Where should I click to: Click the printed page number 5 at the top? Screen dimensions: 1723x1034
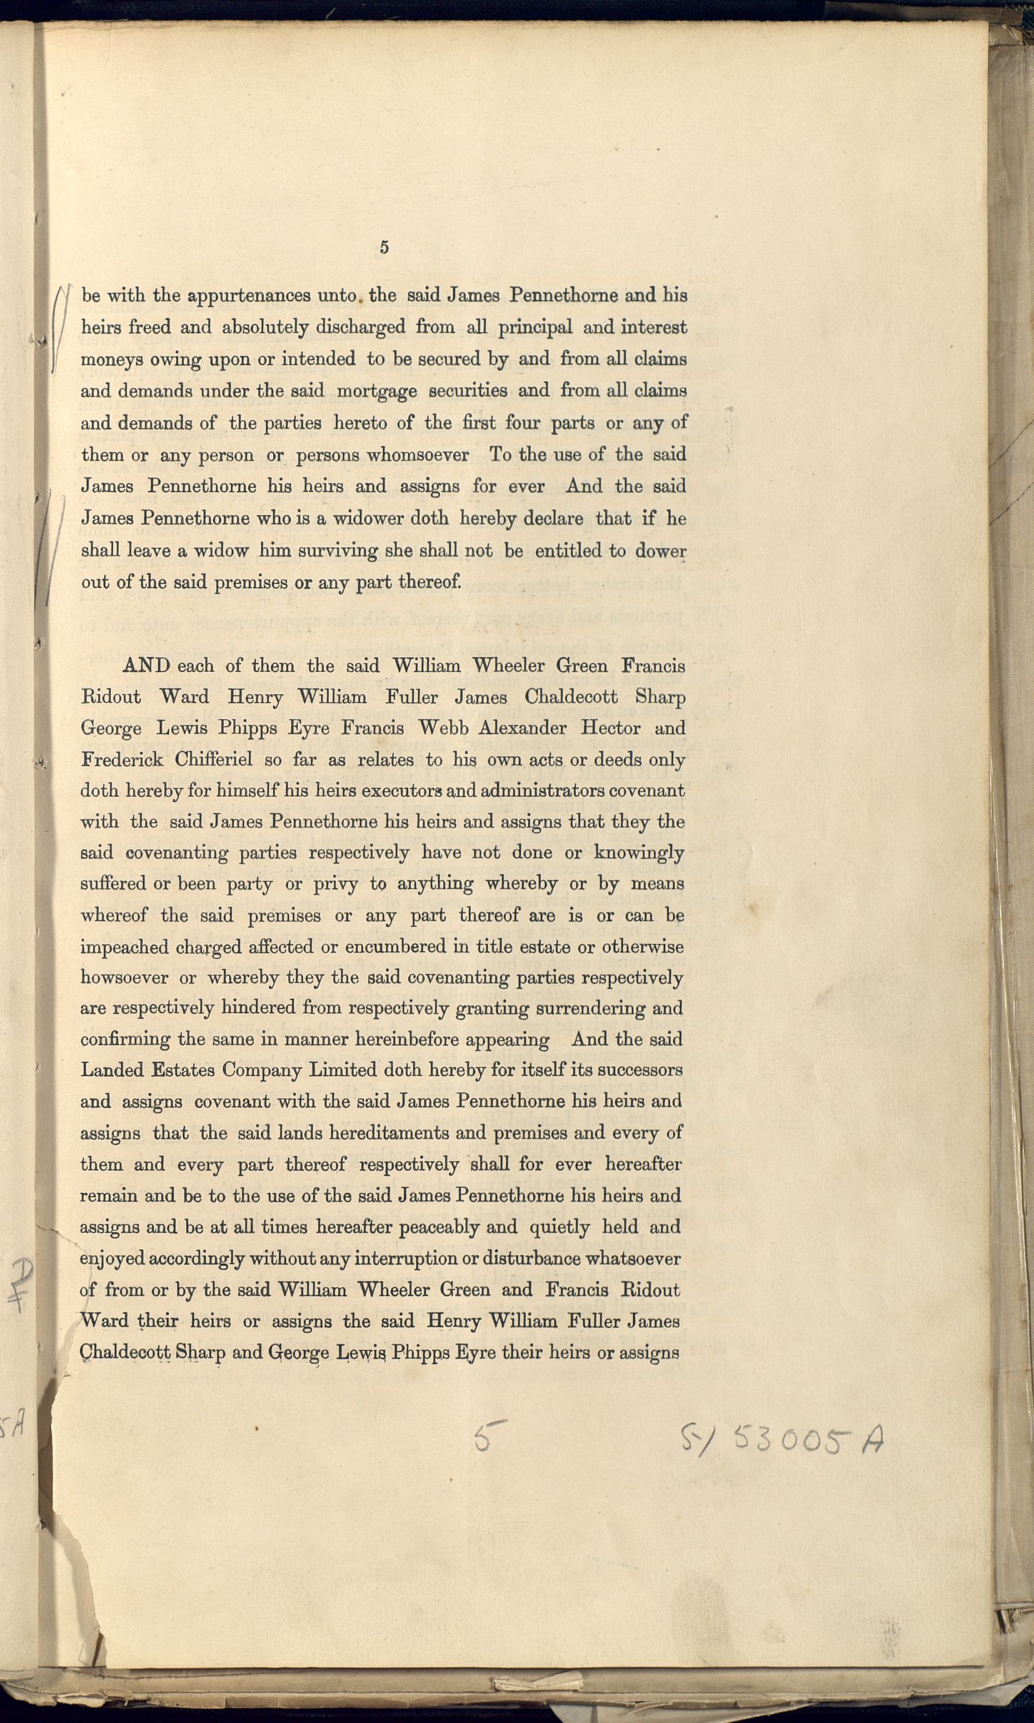[384, 247]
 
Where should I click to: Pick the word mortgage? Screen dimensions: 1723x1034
[376, 391]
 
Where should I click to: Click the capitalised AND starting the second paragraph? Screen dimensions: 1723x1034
[146, 665]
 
